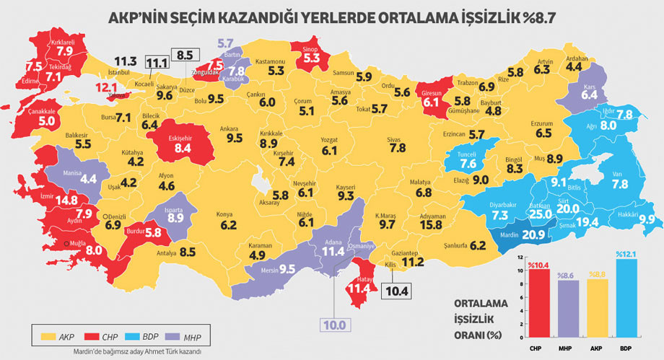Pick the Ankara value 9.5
tap(233, 137)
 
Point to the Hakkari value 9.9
tap(646, 219)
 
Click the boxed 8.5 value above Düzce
tap(185, 55)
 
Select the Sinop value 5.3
tap(311, 57)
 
